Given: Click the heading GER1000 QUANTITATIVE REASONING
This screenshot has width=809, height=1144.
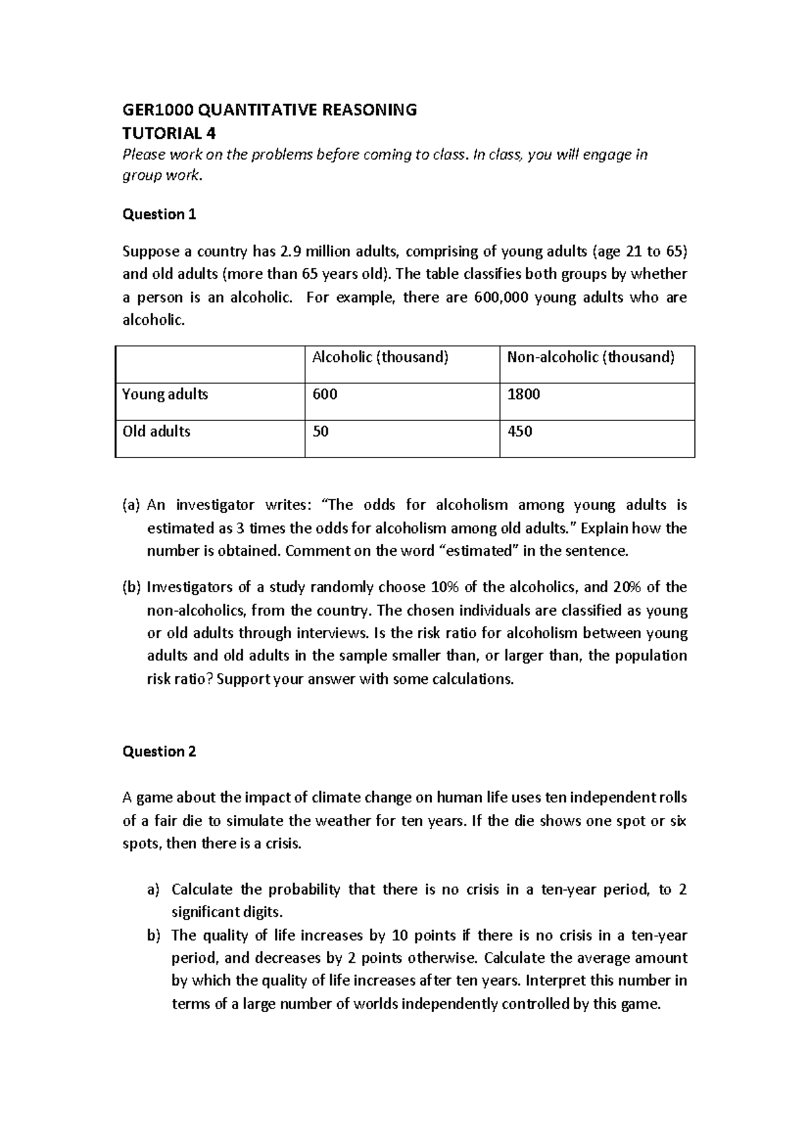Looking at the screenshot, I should pos(269,110).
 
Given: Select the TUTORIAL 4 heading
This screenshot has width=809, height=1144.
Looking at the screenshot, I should pos(169,133).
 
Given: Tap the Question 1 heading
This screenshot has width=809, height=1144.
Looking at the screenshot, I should pos(159,214).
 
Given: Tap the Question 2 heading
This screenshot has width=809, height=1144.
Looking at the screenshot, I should pos(159,751).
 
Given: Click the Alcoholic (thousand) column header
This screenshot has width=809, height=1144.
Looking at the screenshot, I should pos(380,357).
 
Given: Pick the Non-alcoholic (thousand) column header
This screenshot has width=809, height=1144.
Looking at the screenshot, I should pos(591,357).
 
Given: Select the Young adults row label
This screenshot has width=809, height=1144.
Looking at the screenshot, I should pos(165,394).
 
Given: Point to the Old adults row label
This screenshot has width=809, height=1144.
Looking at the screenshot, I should pos(156,431).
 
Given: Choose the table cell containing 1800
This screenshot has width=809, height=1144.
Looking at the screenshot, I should pos(524,394).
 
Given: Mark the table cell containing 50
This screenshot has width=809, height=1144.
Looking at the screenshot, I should pos(321,431).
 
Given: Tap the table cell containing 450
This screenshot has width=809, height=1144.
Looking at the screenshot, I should pos(520,431).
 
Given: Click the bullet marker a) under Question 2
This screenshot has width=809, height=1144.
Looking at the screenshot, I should pos(154,890).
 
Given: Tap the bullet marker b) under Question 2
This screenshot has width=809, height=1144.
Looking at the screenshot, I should pos(154,935).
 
